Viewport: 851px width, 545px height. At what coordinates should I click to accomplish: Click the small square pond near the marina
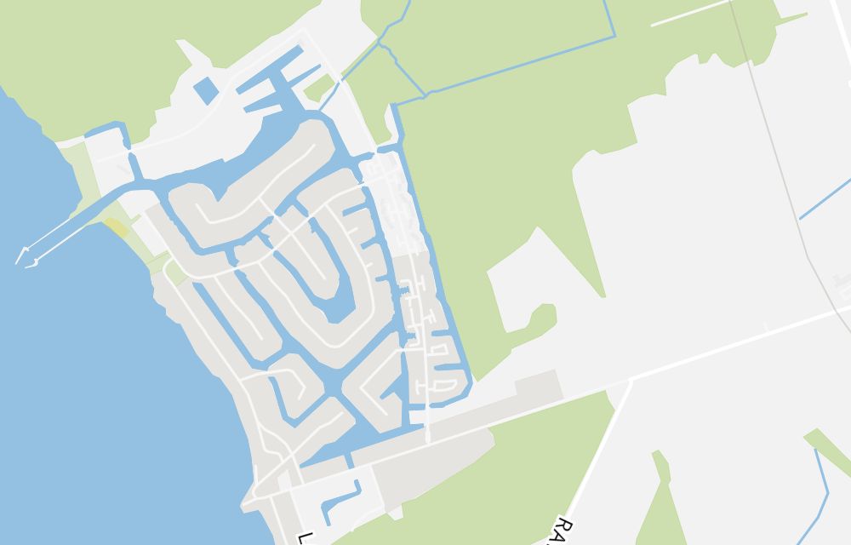click(x=205, y=89)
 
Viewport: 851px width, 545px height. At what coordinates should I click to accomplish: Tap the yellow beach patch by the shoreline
click(x=117, y=227)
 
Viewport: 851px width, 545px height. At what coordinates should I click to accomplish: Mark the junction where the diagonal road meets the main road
click(x=630, y=381)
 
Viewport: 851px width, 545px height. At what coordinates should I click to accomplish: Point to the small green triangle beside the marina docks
click(x=319, y=86)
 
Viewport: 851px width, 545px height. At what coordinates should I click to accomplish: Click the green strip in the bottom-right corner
click(x=830, y=451)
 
